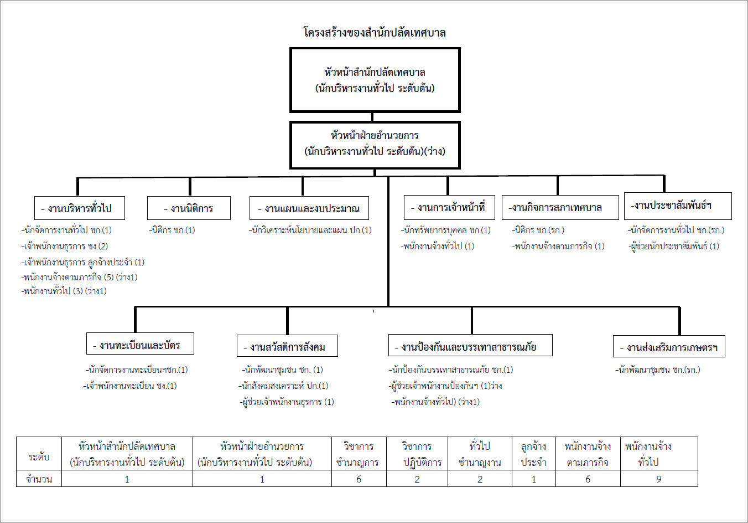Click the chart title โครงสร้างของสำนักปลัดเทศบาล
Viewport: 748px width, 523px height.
375,33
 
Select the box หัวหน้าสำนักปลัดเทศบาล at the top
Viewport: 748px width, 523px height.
375,80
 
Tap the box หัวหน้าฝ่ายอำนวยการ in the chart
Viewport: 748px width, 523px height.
375,145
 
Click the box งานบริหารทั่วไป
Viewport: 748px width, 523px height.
80,208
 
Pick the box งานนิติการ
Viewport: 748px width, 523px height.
189,208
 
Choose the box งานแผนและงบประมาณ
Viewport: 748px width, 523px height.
309,208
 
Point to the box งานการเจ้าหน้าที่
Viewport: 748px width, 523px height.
449,207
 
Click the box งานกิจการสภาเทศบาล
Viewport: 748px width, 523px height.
560,207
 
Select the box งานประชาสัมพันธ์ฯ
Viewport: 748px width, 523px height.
678,206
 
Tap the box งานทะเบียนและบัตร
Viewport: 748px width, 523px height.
141,343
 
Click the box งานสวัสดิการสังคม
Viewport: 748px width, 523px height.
287,346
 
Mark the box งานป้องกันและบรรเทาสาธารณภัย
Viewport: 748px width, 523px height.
470,345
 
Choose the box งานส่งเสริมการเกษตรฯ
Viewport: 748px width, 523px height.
669,346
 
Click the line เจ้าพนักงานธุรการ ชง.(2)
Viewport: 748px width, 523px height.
65,247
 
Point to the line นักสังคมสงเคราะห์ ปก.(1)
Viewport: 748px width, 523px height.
283,386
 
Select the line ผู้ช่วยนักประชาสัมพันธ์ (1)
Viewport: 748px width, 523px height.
674,247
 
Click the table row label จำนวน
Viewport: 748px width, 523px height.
39,479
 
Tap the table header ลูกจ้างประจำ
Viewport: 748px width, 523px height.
534,454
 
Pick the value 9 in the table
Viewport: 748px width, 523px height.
658,479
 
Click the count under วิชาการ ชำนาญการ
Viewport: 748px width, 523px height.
359,479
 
